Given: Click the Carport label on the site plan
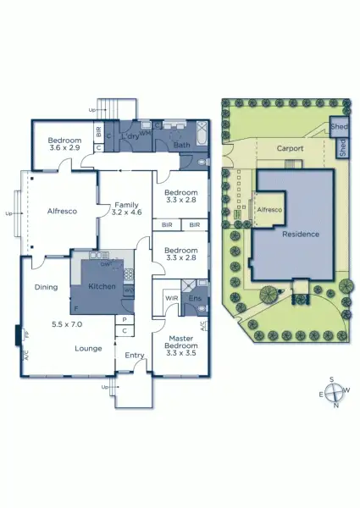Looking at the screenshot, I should click(290, 148).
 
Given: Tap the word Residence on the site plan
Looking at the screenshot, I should click(300, 234).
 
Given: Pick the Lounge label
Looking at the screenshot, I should click(88, 348).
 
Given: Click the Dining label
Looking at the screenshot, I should click(46, 287).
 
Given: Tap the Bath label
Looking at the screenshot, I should click(180, 145).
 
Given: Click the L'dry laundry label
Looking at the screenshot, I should click(130, 136).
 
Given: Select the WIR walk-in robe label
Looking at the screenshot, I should click(169, 297).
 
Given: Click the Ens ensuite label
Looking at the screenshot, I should click(193, 297).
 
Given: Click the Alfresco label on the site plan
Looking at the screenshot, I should click(269, 208).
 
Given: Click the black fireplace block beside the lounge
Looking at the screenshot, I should click(18, 335).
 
